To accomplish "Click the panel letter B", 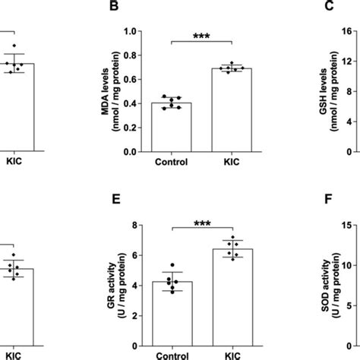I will point(115,8).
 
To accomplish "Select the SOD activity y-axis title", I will point(319,281).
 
